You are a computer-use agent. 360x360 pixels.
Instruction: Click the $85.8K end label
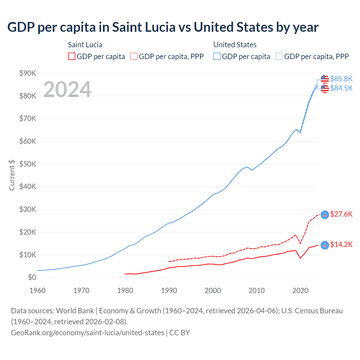pos(341,79)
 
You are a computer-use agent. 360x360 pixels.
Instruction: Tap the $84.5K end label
pos(341,88)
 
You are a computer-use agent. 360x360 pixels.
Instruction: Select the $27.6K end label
pos(341,214)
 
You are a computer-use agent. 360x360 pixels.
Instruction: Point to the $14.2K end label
pos(341,245)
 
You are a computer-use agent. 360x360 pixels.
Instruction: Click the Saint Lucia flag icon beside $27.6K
pos(325,215)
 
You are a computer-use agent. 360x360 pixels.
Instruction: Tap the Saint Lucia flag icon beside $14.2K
pos(325,245)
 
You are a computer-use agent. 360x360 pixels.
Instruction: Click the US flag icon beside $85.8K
pos(325,79)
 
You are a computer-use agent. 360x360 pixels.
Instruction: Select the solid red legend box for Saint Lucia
pos(72,57)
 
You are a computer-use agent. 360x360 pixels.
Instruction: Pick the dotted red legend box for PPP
pos(134,57)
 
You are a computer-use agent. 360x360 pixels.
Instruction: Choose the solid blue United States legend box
pos(217,57)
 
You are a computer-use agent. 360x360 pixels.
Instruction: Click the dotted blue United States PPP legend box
pos(279,57)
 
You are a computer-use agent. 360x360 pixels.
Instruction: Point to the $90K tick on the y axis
pos(28,73)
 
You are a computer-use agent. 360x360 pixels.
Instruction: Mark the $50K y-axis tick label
pos(28,164)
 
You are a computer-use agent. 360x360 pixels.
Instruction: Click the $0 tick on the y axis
pos(32,278)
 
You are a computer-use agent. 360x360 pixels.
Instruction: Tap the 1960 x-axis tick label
pos(37,291)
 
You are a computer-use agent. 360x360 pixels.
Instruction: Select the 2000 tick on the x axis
pos(213,291)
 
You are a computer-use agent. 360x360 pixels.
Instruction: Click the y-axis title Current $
pos(12,175)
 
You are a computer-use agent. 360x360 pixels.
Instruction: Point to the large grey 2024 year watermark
pos(67,89)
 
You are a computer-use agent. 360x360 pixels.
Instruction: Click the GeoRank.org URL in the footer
pos(87,333)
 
